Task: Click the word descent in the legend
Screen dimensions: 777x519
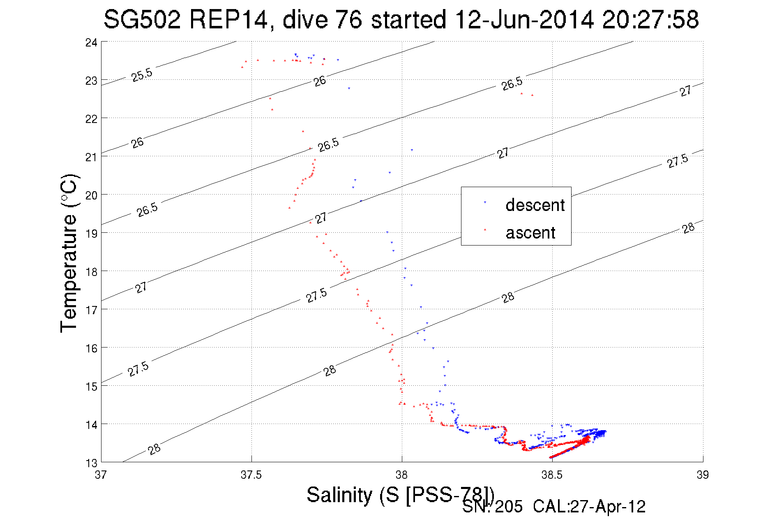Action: tap(535, 205)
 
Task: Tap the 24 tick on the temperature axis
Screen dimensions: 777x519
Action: tap(91, 42)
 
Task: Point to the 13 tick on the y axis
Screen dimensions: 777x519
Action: tap(91, 463)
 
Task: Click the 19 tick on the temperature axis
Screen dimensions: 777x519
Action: tap(91, 234)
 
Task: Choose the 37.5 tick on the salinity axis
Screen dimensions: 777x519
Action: tap(251, 475)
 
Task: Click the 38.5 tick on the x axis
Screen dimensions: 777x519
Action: tap(552, 475)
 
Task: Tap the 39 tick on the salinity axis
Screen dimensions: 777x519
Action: tap(703, 475)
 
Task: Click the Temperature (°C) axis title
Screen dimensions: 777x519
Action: tap(69, 253)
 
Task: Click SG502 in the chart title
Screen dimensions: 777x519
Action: tap(142, 19)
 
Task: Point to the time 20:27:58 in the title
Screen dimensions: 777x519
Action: tap(650, 19)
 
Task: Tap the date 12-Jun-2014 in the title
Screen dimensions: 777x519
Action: tap(525, 19)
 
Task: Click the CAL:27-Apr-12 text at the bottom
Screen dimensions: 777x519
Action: tap(589, 507)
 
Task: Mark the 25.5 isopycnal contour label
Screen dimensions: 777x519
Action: tap(142, 75)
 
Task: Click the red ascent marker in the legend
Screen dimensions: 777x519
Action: tap(485, 229)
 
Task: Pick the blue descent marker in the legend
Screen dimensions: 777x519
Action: tap(485, 202)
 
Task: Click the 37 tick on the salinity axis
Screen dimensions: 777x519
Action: tap(101, 475)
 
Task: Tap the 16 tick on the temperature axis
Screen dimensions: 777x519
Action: tap(91, 348)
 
